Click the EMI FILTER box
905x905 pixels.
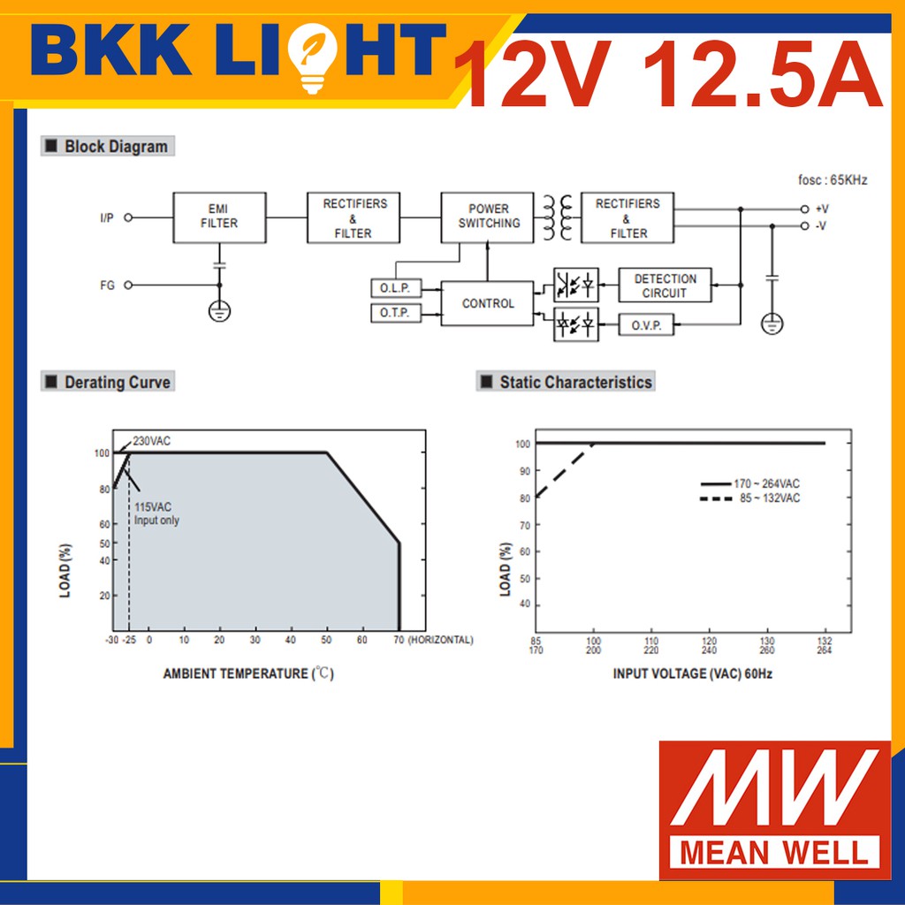(x=219, y=217)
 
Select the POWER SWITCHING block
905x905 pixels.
(x=487, y=217)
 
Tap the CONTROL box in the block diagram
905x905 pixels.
(x=487, y=304)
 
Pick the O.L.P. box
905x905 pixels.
(x=396, y=288)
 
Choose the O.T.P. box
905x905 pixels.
(x=396, y=313)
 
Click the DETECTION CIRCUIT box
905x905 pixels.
(x=665, y=285)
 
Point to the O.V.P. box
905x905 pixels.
(x=646, y=325)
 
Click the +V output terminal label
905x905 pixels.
(x=822, y=209)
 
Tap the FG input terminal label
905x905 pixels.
(x=107, y=285)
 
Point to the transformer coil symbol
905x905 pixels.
(x=558, y=217)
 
